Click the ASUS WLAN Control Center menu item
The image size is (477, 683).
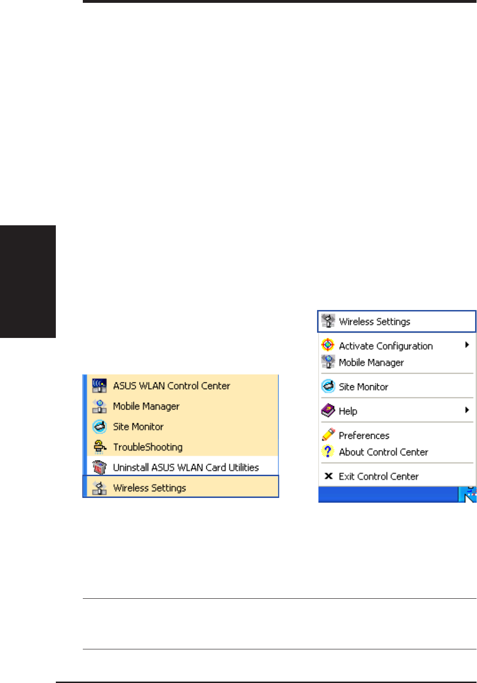coord(171,386)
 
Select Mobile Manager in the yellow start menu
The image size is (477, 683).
coord(146,406)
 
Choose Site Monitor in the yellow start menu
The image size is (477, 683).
coord(138,426)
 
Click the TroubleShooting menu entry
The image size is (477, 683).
coord(148,447)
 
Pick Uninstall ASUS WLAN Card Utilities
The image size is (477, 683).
coord(185,467)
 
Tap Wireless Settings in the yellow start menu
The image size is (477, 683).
coord(150,488)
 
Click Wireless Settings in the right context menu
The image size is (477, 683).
coord(374,322)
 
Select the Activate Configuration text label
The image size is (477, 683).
coord(386,346)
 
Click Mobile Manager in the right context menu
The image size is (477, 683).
coord(371,363)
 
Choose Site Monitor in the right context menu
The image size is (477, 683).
coord(363,387)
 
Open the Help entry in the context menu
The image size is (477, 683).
coord(348,411)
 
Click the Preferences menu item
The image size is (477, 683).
coord(364,435)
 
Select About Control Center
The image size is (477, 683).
coord(383,452)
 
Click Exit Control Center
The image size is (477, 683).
coord(379,476)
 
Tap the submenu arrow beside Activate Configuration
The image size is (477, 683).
coord(467,345)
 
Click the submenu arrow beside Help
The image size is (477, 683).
coord(467,410)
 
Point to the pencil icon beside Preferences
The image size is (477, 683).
coord(328,435)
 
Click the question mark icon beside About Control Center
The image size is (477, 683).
coord(327,452)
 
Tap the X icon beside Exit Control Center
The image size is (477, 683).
coord(328,476)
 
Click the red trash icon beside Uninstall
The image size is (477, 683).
coord(99,467)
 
